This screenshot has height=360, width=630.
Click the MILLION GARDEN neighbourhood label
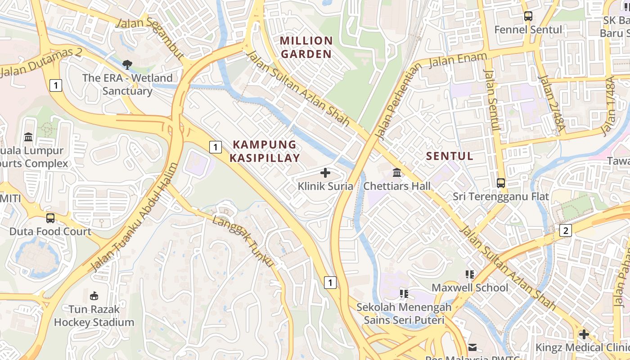(x=306, y=47)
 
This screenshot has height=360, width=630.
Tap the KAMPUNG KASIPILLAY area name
(x=265, y=151)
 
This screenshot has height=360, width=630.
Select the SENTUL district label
(x=449, y=156)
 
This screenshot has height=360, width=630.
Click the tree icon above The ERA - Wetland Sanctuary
(x=127, y=64)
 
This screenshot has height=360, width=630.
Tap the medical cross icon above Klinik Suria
(x=325, y=173)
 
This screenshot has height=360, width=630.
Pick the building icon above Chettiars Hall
(x=397, y=173)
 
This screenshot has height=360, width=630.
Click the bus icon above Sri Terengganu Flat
(x=500, y=183)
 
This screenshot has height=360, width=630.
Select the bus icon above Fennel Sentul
(x=528, y=16)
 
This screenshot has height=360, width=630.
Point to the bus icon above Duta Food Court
(x=50, y=218)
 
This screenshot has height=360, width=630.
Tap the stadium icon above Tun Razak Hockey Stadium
(x=94, y=296)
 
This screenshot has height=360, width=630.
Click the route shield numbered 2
(x=565, y=230)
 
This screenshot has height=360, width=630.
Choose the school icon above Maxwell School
(x=470, y=274)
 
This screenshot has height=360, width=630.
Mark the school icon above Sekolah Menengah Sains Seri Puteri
(x=404, y=294)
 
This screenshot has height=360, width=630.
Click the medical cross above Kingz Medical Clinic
(x=584, y=334)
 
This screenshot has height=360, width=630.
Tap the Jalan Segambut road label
(x=149, y=38)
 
